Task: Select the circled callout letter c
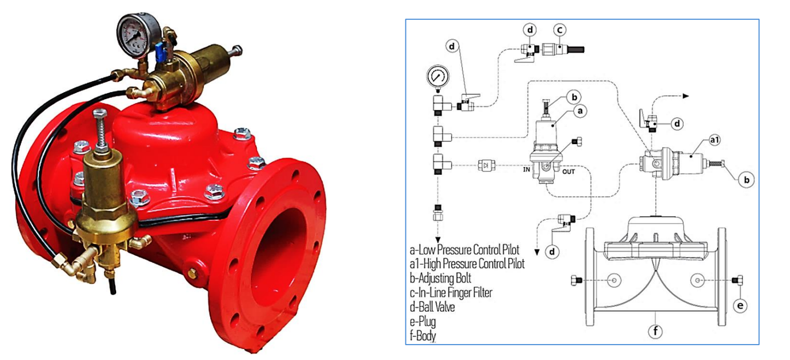[559, 30]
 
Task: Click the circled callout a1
[714, 140]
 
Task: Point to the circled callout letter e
[740, 305]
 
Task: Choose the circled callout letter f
[655, 331]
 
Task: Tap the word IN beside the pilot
[526, 170]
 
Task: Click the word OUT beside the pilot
[569, 172]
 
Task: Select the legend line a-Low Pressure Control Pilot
[465, 250]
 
